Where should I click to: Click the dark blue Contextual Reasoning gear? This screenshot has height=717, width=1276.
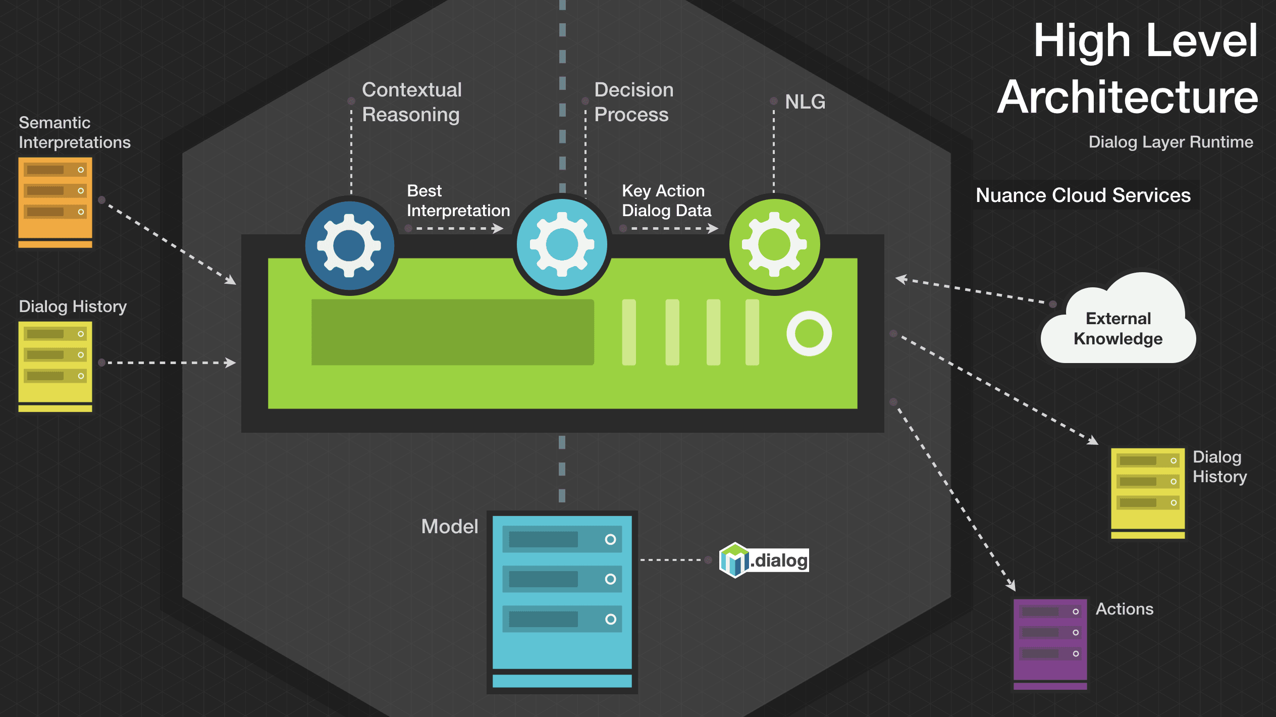pos(349,245)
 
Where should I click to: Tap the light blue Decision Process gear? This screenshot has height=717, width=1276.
pos(562,245)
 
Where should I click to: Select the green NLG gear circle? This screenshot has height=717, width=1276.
pos(774,245)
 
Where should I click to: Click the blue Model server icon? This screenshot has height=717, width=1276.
pos(562,601)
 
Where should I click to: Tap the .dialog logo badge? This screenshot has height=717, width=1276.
pos(764,560)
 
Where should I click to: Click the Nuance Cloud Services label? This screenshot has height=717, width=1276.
pos(1083,195)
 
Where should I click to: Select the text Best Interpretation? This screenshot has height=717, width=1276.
pos(458,200)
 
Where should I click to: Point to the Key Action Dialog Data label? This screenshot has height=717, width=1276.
pos(666,200)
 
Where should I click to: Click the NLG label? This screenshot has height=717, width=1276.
pos(805,102)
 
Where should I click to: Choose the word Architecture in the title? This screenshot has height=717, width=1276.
pos(1128,97)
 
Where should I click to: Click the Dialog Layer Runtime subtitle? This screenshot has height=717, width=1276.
pos(1171,142)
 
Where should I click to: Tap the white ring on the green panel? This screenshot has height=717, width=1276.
pos(809,333)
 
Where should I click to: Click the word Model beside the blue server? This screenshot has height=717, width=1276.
pos(449,527)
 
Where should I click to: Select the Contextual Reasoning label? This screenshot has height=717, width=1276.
pos(411,102)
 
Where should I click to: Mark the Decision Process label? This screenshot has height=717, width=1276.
pos(633,102)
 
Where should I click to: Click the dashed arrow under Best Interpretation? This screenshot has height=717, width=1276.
pos(457,229)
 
